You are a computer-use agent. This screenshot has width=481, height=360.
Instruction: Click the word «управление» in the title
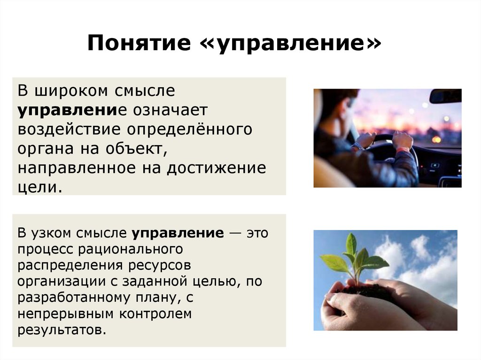pyautogui.click(x=291, y=43)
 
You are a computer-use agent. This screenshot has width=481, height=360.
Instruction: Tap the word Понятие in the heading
pyautogui.click(x=139, y=42)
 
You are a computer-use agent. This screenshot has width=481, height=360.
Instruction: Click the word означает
pyautogui.click(x=170, y=110)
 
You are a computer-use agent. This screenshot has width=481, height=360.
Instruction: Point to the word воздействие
pyautogui.click(x=69, y=129)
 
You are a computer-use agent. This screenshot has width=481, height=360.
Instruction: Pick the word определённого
pyautogui.click(x=190, y=129)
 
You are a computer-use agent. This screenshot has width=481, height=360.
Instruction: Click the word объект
pyautogui.click(x=137, y=149)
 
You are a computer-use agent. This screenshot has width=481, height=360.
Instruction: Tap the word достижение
pyautogui.click(x=217, y=168)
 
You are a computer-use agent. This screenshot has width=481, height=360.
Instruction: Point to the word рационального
pyautogui.click(x=131, y=249)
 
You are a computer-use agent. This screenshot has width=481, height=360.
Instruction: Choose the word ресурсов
pyautogui.click(x=160, y=266)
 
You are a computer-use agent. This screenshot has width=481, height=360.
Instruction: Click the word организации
pyautogui.click(x=62, y=282)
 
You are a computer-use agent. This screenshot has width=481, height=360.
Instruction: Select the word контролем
pyautogui.click(x=155, y=314)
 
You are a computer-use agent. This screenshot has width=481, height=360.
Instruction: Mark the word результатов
pyautogui.click(x=62, y=330)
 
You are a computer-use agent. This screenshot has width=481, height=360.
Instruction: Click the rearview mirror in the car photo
pyautogui.click(x=445, y=96)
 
